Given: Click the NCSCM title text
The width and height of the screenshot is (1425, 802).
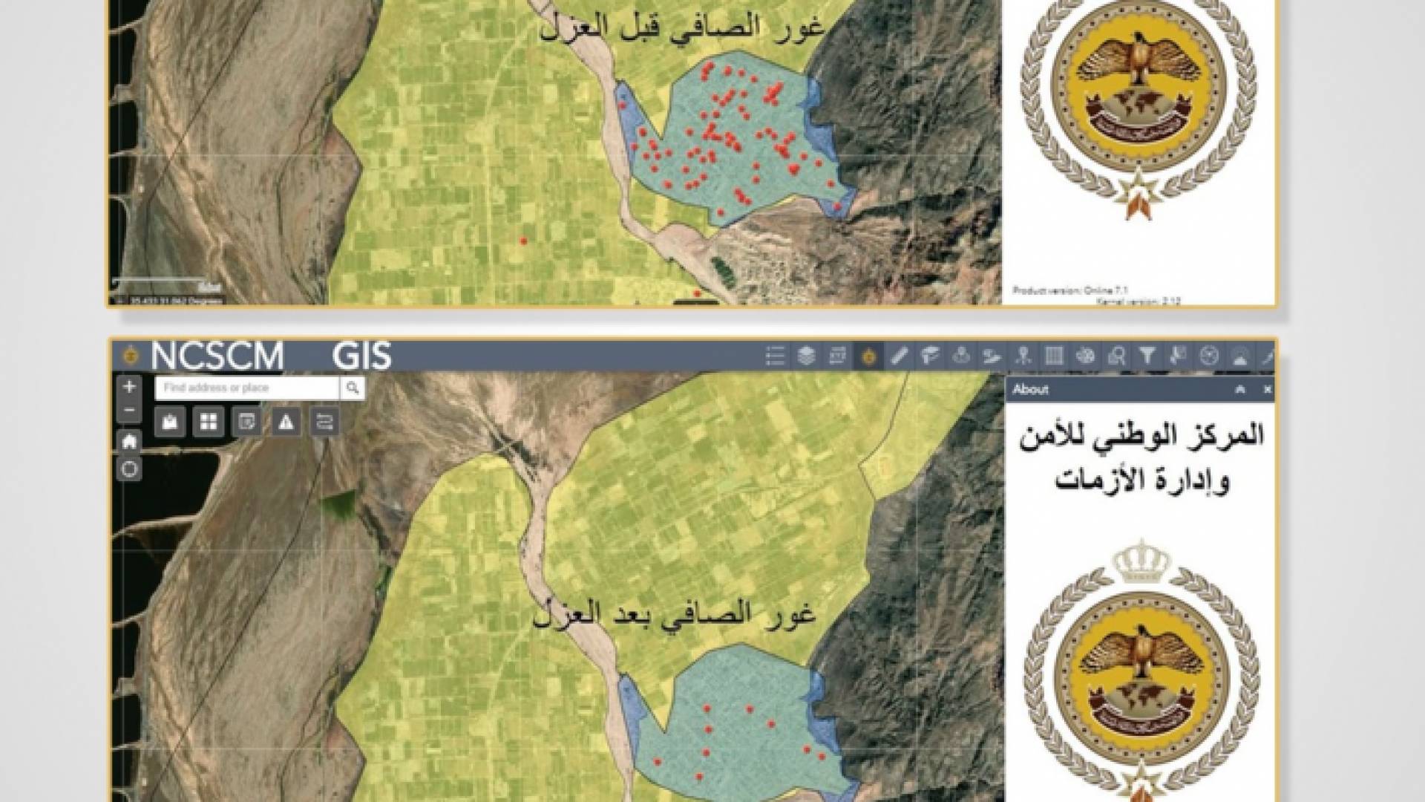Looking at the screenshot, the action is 217,356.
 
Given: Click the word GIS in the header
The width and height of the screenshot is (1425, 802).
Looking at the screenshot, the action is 361,356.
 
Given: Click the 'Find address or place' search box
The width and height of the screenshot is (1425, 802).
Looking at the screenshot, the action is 247,388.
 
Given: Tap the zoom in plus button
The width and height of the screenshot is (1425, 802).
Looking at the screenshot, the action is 130,387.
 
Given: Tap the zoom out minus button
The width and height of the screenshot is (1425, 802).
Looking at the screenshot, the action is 130,410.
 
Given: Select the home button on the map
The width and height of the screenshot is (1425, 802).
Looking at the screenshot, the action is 130,442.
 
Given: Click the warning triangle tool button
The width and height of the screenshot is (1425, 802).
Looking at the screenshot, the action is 286,423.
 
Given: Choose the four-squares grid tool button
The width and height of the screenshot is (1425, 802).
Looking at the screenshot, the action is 209,423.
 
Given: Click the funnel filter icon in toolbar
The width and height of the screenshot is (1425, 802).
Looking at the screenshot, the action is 1147,356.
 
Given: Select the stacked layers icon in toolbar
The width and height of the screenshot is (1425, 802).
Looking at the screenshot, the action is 806,356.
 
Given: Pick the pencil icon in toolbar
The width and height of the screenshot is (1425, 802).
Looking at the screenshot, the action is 899,356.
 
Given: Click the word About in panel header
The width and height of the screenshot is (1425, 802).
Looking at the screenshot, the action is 1031,389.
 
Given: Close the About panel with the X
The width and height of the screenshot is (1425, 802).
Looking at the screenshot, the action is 1268,389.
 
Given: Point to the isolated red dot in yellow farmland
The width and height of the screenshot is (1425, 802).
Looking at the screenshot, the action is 523,241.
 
